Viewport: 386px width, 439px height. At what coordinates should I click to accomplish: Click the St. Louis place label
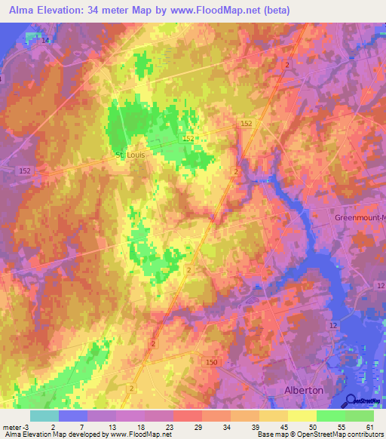coord(129,155)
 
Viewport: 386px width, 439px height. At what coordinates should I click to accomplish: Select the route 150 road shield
coord(211,364)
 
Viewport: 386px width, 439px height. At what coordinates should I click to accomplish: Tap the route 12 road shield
coord(332,324)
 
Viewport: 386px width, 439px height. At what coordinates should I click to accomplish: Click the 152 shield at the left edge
coord(24,173)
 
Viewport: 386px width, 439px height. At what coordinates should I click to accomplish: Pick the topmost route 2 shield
coord(288,65)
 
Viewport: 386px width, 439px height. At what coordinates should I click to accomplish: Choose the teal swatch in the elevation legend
coord(44,415)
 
